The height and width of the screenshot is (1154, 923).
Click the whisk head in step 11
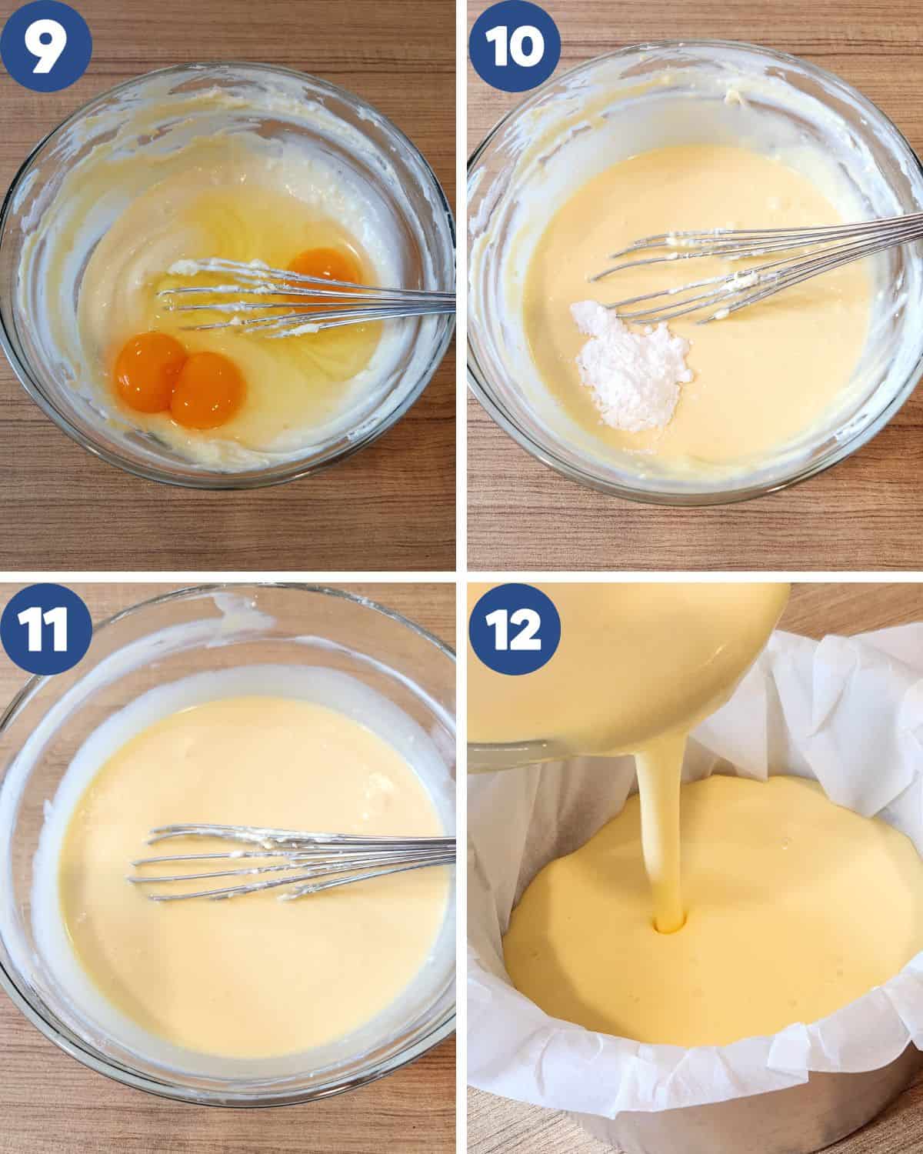(x=231, y=862)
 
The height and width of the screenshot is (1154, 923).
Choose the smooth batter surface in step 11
(x=231, y=985)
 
